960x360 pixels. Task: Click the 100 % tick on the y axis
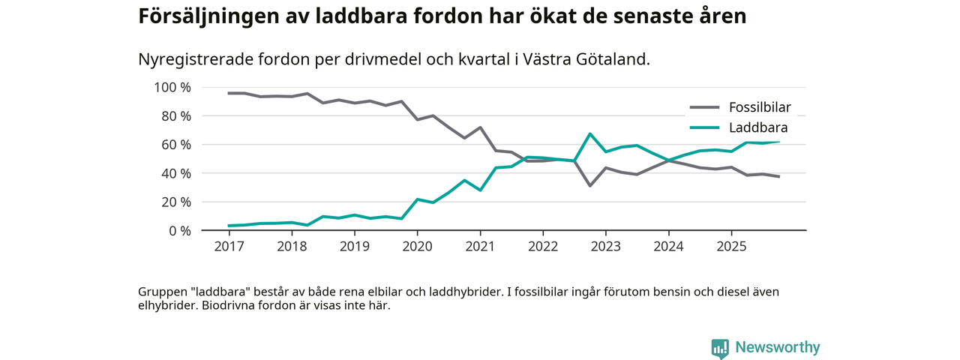(x=172, y=87)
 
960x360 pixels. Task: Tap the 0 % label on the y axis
(x=179, y=230)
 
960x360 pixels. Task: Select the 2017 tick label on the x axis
(x=229, y=246)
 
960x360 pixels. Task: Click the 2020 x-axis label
(x=418, y=246)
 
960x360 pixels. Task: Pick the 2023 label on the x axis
(x=606, y=246)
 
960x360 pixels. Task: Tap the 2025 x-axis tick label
(x=731, y=246)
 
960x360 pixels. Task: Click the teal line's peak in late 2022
(x=590, y=134)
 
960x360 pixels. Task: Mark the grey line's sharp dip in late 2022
(x=590, y=185)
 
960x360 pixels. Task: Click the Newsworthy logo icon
(x=720, y=348)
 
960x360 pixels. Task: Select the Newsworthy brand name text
(x=778, y=347)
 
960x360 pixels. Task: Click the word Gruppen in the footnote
(x=162, y=291)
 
